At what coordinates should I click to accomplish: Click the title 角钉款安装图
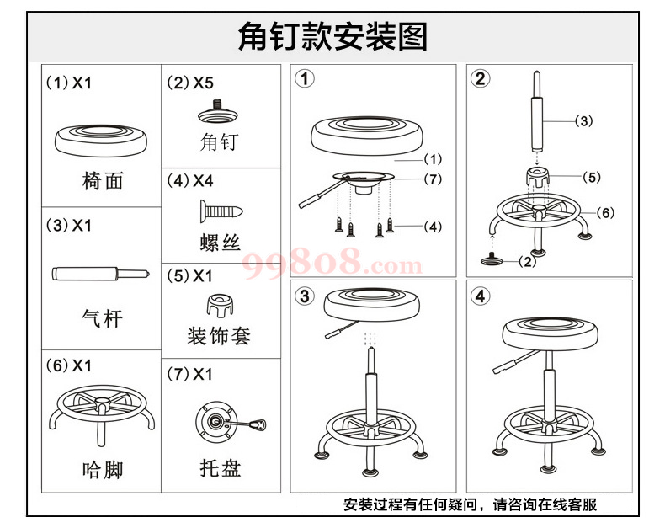(332, 37)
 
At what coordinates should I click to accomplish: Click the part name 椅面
(103, 180)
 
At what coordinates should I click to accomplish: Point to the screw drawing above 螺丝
(220, 208)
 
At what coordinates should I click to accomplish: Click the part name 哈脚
(102, 468)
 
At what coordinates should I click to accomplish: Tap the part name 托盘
(221, 468)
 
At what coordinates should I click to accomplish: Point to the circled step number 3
(305, 296)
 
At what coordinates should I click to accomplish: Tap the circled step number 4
(481, 296)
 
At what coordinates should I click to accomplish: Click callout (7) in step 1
(433, 179)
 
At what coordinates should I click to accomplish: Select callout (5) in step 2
(592, 178)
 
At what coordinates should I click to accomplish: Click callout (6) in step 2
(606, 213)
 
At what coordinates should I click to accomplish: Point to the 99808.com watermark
(332, 265)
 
